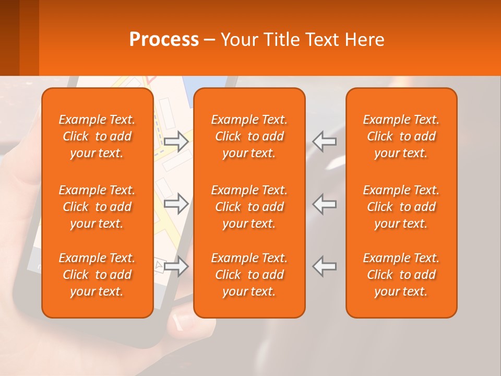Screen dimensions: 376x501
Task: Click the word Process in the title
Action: point(164,40)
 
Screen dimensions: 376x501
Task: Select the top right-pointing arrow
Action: point(176,142)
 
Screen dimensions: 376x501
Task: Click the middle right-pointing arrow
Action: point(176,204)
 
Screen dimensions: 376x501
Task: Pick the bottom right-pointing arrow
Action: point(176,266)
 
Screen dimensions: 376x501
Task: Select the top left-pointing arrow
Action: point(325,142)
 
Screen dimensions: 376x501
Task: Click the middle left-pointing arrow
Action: point(325,204)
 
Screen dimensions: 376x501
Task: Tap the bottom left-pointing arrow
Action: point(325,266)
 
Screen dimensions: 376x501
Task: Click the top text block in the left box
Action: point(97,136)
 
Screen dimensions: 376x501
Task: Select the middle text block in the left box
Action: point(97,207)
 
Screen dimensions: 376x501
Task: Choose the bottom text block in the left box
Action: point(97,275)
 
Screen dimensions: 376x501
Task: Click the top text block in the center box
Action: point(249,136)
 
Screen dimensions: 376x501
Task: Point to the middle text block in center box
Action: point(249,207)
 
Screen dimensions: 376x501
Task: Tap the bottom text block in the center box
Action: point(249,275)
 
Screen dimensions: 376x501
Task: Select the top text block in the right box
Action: point(401,136)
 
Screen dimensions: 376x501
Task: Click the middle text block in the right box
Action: point(401,207)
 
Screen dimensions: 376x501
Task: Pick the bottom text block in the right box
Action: point(401,275)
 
